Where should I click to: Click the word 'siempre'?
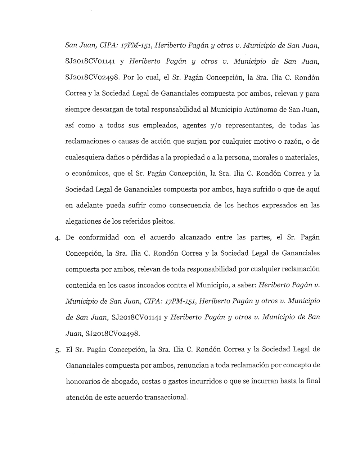(77, 110)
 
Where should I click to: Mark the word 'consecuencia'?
(195, 205)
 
